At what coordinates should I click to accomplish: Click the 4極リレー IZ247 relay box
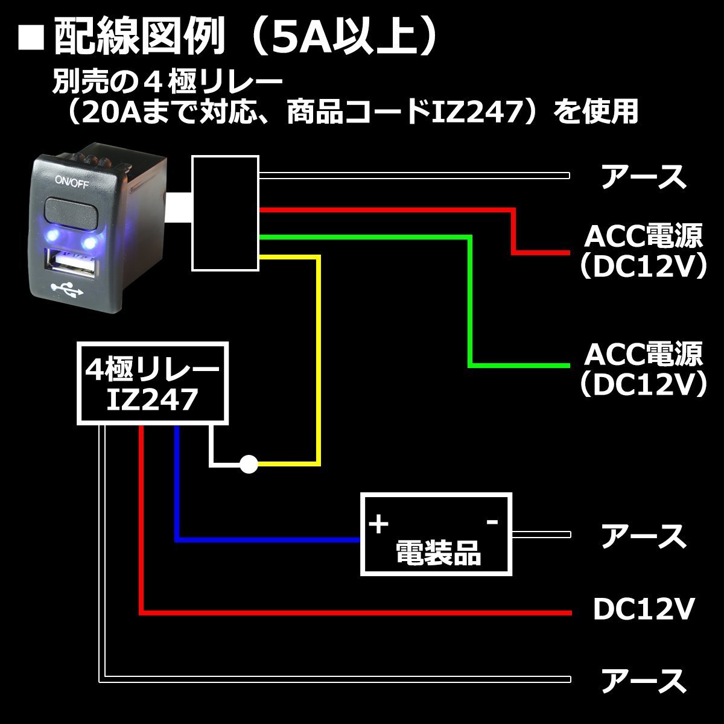coord(152,383)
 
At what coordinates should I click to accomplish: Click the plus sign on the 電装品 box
coord(378,524)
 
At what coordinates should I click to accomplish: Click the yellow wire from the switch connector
coord(318,362)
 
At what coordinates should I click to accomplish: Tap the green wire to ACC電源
coord(469,302)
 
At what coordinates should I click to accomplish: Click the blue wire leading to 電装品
coord(177,483)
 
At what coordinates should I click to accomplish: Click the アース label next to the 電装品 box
coord(644,536)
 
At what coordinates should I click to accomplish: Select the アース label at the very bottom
coord(644,681)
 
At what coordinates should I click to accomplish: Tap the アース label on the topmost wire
coord(644,177)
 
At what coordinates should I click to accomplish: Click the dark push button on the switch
coord(71,214)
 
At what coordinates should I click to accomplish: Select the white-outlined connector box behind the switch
coord(225,212)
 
